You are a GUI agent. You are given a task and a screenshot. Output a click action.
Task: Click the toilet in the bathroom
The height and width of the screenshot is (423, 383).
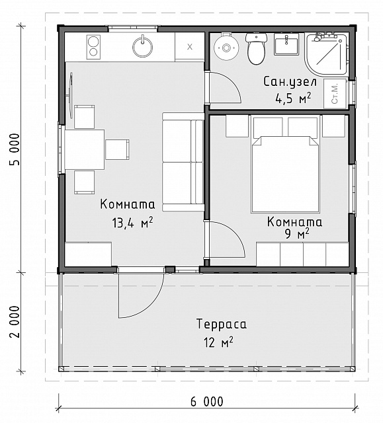(x=256, y=48)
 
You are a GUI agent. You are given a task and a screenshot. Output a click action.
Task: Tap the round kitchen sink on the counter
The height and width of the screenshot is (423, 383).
(x=142, y=46)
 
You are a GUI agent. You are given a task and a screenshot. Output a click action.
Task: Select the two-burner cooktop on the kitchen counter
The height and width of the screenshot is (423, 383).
(x=93, y=47)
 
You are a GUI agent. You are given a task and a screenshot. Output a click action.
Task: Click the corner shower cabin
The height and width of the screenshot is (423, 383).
(x=326, y=54)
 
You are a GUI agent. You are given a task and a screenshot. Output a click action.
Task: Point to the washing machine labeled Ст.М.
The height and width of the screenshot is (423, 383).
(x=335, y=94)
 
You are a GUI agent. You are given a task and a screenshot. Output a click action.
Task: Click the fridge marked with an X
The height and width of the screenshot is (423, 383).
(x=189, y=47)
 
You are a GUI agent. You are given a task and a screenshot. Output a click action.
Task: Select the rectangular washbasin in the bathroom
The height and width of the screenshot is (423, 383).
(x=286, y=44)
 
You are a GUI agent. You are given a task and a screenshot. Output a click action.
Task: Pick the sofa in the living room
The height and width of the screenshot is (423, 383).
(x=183, y=162)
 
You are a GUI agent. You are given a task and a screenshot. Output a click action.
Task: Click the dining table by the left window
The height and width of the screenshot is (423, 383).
(x=85, y=149)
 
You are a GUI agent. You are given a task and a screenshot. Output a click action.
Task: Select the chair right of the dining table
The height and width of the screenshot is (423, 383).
(x=117, y=149)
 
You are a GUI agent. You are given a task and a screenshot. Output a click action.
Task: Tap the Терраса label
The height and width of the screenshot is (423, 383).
(x=222, y=324)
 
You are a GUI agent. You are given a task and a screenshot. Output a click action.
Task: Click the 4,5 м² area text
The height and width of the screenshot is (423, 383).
(x=293, y=98)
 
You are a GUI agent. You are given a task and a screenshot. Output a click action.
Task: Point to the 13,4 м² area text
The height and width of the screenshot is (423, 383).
(x=132, y=223)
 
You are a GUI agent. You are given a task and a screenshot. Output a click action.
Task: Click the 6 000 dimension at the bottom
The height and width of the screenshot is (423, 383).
(x=207, y=402)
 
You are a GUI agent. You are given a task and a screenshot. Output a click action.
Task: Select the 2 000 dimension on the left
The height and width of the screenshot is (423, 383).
(x=15, y=322)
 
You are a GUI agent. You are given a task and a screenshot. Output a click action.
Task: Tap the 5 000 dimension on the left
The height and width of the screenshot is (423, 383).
(x=15, y=149)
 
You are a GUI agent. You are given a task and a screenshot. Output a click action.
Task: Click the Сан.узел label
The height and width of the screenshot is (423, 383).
(x=290, y=81)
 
